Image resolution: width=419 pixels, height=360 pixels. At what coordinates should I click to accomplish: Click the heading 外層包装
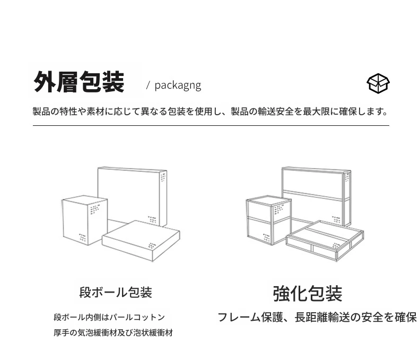79,82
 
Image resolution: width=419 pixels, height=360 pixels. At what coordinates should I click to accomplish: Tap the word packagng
178,85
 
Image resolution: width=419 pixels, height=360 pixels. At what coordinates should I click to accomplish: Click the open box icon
378,83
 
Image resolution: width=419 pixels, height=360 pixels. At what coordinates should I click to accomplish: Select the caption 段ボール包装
116,293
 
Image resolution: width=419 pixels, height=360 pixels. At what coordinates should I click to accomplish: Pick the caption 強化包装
308,294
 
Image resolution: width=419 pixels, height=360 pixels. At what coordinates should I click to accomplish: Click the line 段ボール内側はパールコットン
109,317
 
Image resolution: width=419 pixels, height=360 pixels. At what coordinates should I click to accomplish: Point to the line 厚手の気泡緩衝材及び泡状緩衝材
114,333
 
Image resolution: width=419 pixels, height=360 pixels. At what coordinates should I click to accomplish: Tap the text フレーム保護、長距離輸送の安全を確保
317,317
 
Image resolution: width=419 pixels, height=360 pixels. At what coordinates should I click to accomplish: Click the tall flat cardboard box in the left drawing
132,196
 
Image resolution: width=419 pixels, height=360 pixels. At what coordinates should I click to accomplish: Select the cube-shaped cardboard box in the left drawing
85,220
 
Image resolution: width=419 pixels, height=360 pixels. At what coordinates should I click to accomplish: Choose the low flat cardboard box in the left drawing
141,240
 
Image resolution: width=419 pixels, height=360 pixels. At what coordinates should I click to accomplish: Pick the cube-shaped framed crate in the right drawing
268,220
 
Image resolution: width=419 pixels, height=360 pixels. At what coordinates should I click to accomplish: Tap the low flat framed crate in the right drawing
325,241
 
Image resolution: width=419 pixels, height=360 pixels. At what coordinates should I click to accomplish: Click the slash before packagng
148,85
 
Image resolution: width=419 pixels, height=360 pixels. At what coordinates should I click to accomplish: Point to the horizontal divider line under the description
211,125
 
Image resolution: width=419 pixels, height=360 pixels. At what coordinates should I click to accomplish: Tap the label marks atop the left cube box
95,209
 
